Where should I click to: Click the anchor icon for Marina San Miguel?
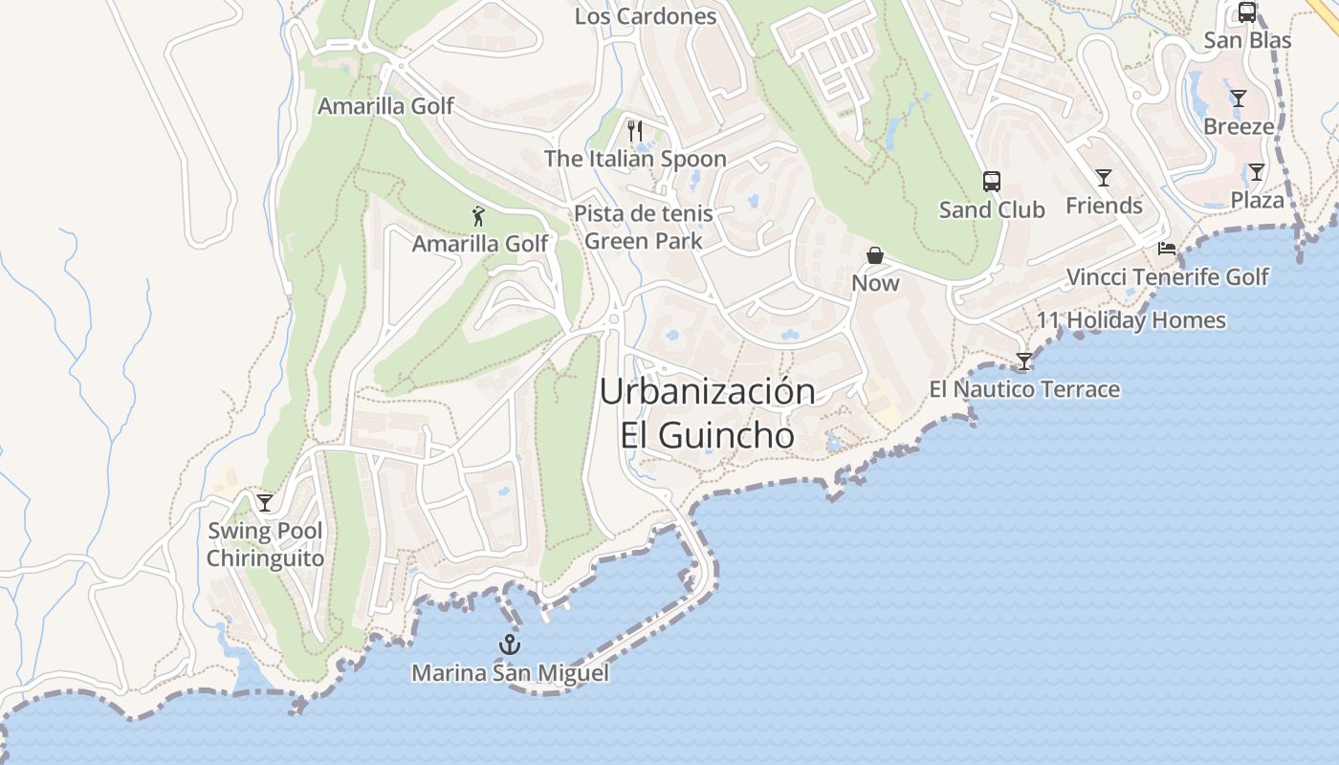point(510,645)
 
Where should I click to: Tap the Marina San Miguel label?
point(510,673)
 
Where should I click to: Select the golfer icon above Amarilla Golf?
point(479,216)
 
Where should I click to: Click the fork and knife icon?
point(635,131)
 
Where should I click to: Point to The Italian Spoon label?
point(635,159)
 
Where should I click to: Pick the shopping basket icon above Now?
point(875,255)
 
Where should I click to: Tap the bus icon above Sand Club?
point(992,181)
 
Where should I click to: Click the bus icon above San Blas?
point(1247,12)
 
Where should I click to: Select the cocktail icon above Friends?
point(1104,177)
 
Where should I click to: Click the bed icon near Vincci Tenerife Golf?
point(1167,249)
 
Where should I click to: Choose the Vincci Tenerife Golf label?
point(1167,277)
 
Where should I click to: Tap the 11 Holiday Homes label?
point(1131,320)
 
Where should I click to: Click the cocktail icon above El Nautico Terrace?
point(1024,361)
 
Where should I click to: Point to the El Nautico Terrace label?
point(1024,389)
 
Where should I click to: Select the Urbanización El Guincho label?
point(708,413)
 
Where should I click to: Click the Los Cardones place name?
point(646,16)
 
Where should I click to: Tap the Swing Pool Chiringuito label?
point(265,545)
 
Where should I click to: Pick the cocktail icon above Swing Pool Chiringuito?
point(265,502)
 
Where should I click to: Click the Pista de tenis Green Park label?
point(643,228)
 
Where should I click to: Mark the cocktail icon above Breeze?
point(1239,98)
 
